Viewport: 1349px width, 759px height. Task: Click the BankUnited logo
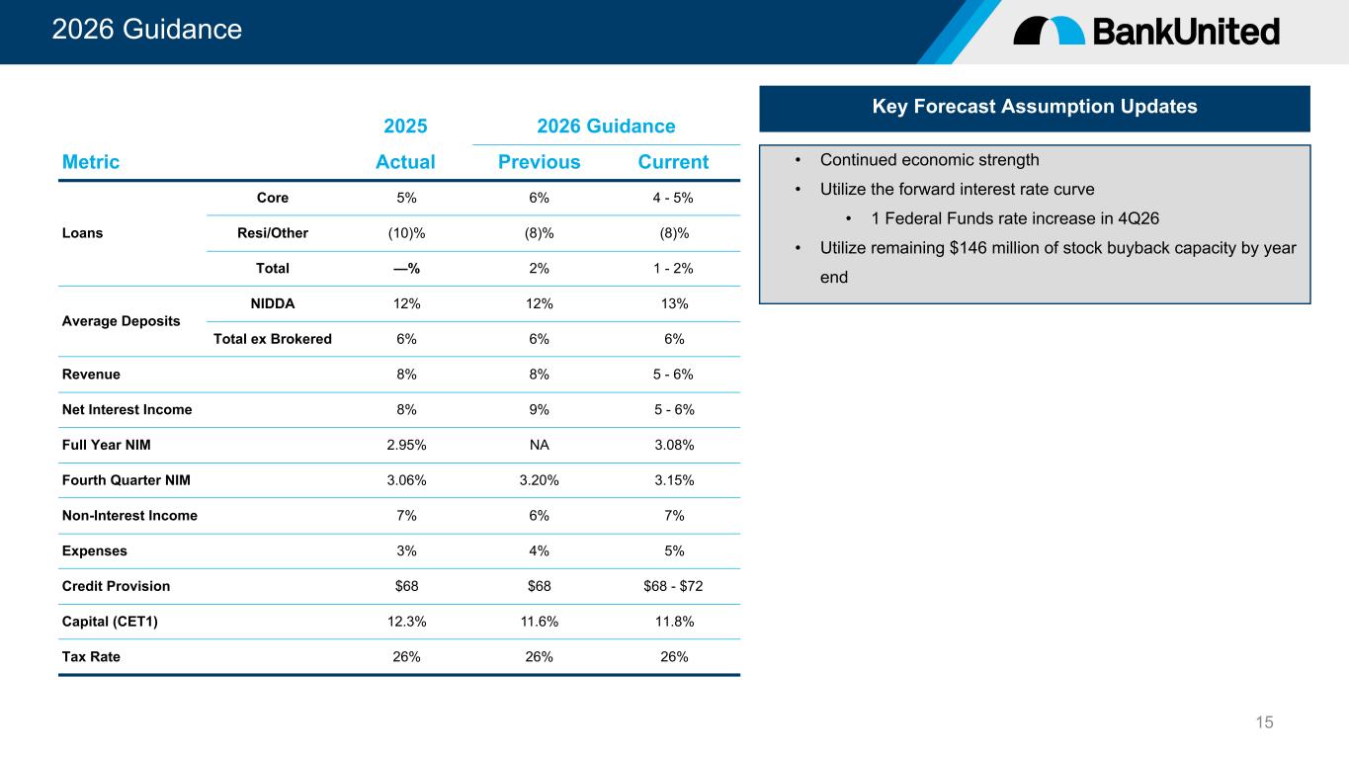1146,31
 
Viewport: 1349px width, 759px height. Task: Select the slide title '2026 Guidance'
147,29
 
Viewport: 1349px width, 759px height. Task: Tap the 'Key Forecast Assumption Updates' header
1035,106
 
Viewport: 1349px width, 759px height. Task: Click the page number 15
1264,722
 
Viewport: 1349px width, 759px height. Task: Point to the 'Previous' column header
539,161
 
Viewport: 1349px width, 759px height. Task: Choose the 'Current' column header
673,161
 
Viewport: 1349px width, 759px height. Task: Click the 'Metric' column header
90,161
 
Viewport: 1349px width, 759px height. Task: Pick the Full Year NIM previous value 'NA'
539,445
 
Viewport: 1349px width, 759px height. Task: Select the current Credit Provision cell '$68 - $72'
673,586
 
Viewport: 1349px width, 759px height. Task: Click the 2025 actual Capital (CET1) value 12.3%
406,622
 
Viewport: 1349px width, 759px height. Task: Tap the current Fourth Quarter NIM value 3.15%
674,480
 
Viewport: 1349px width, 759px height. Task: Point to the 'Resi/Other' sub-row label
272,233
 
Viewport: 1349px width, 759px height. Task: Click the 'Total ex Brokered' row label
272,339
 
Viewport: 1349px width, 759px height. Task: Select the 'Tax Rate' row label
91,656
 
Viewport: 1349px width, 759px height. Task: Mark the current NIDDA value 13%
674,303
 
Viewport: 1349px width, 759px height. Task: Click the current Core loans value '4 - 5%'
673,198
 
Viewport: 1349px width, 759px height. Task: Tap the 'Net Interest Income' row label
127,409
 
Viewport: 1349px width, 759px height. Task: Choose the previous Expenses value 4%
539,550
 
